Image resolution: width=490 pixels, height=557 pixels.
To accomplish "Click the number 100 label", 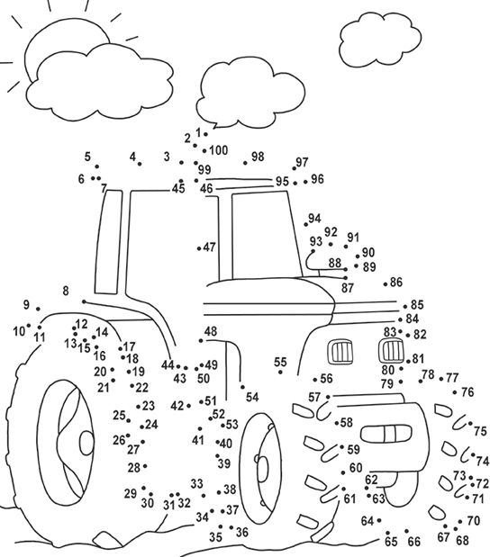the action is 219,150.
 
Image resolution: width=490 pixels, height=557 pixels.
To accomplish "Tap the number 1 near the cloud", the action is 198,132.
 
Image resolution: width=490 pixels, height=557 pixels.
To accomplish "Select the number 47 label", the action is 209,247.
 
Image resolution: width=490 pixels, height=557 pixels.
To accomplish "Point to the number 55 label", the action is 280,362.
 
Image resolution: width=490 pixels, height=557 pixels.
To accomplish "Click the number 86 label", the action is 396,282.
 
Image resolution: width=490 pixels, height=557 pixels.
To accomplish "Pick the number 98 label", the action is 258,157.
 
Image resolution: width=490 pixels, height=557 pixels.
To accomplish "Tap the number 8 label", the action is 66,291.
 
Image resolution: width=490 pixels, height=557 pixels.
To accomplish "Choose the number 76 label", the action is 467,392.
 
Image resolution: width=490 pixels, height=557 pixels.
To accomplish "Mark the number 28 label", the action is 133,468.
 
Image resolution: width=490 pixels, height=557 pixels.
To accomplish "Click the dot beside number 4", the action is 140,164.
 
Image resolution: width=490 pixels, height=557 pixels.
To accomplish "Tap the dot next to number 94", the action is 306,224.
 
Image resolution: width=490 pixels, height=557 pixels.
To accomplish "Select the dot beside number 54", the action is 242,387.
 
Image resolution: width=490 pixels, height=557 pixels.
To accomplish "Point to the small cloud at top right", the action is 380,40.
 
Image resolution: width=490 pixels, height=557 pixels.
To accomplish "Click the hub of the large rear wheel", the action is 86,443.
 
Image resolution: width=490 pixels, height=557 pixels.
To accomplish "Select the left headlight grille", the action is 340,352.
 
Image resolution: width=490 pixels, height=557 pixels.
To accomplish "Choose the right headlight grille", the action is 391,351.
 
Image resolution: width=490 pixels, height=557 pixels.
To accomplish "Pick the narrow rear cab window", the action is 108,242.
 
